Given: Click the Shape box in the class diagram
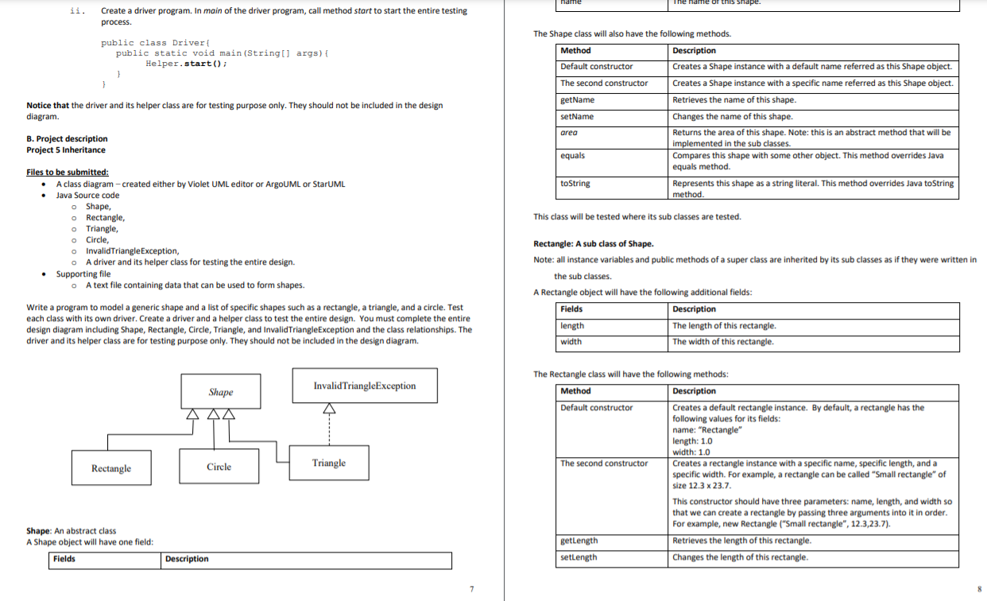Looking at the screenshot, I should (x=220, y=391).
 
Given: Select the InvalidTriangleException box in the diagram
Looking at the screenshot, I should (x=365, y=386).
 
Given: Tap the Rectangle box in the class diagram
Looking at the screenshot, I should (x=111, y=468).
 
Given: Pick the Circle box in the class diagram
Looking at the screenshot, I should (x=219, y=467).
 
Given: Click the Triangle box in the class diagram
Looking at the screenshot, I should (x=328, y=463).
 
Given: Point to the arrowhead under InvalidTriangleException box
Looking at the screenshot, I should (x=329, y=409).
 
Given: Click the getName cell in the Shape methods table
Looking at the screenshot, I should (x=578, y=99).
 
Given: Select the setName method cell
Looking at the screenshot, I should (x=578, y=116).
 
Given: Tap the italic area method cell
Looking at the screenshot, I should (x=569, y=133).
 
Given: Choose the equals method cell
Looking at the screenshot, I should (x=573, y=156).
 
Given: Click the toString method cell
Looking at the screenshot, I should (x=575, y=183).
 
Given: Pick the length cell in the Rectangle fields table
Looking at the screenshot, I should (x=572, y=325).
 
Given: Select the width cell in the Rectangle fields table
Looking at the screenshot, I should (x=571, y=342).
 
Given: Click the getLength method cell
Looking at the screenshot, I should (x=579, y=541).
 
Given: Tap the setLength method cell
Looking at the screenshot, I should (x=579, y=557).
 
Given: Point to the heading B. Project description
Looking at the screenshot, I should (x=67, y=138).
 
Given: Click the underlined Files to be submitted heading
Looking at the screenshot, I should (x=68, y=172).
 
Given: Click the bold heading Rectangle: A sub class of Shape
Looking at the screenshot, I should (x=594, y=243).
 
